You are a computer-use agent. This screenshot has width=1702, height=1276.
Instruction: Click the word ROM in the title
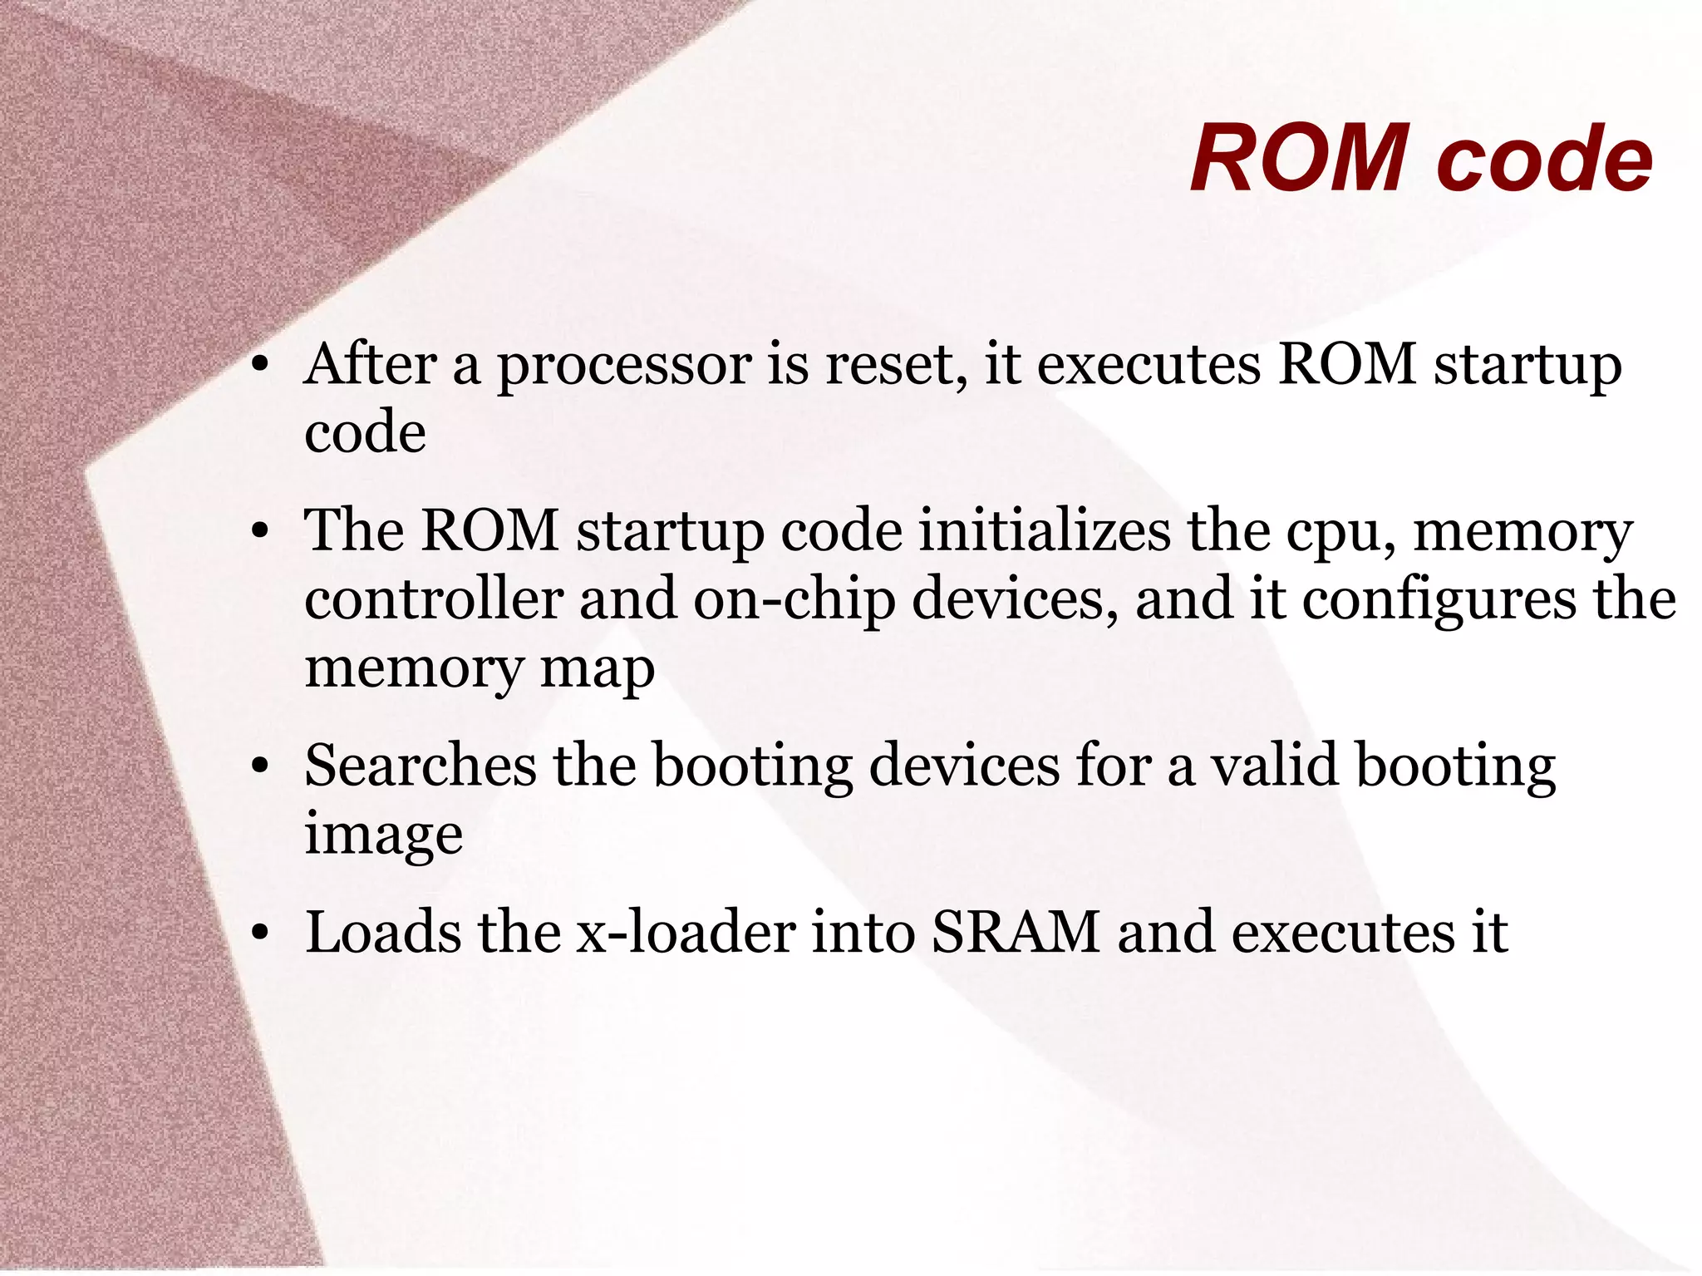1299,158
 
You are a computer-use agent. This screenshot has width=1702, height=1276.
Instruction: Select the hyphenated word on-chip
794,600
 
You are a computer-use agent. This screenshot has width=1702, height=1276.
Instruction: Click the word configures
1439,600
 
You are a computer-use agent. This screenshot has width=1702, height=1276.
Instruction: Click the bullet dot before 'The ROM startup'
260,531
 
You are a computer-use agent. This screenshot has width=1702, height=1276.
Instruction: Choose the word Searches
420,766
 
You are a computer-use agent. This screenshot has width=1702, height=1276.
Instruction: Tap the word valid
1274,766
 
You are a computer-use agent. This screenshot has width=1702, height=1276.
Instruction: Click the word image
383,835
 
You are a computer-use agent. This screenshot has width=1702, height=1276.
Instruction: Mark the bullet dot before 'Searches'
260,766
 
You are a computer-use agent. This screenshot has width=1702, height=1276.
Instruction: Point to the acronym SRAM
1016,932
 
